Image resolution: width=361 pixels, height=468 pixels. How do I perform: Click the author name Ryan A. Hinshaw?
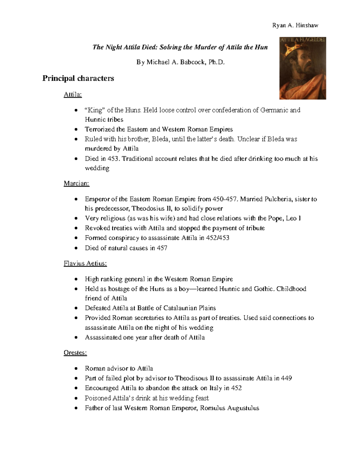click(x=295, y=25)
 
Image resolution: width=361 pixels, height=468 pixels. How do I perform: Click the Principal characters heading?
click(x=78, y=78)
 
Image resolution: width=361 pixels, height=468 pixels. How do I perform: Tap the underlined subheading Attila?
click(x=73, y=95)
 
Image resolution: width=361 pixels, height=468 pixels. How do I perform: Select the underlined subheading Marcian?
click(x=76, y=184)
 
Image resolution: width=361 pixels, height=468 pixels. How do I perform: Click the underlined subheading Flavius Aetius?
click(x=85, y=263)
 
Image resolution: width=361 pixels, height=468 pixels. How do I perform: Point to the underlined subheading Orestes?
click(x=75, y=353)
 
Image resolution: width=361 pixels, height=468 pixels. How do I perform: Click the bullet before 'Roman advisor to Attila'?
click(x=77, y=369)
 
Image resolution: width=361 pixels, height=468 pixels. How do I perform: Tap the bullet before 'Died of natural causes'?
click(x=77, y=248)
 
